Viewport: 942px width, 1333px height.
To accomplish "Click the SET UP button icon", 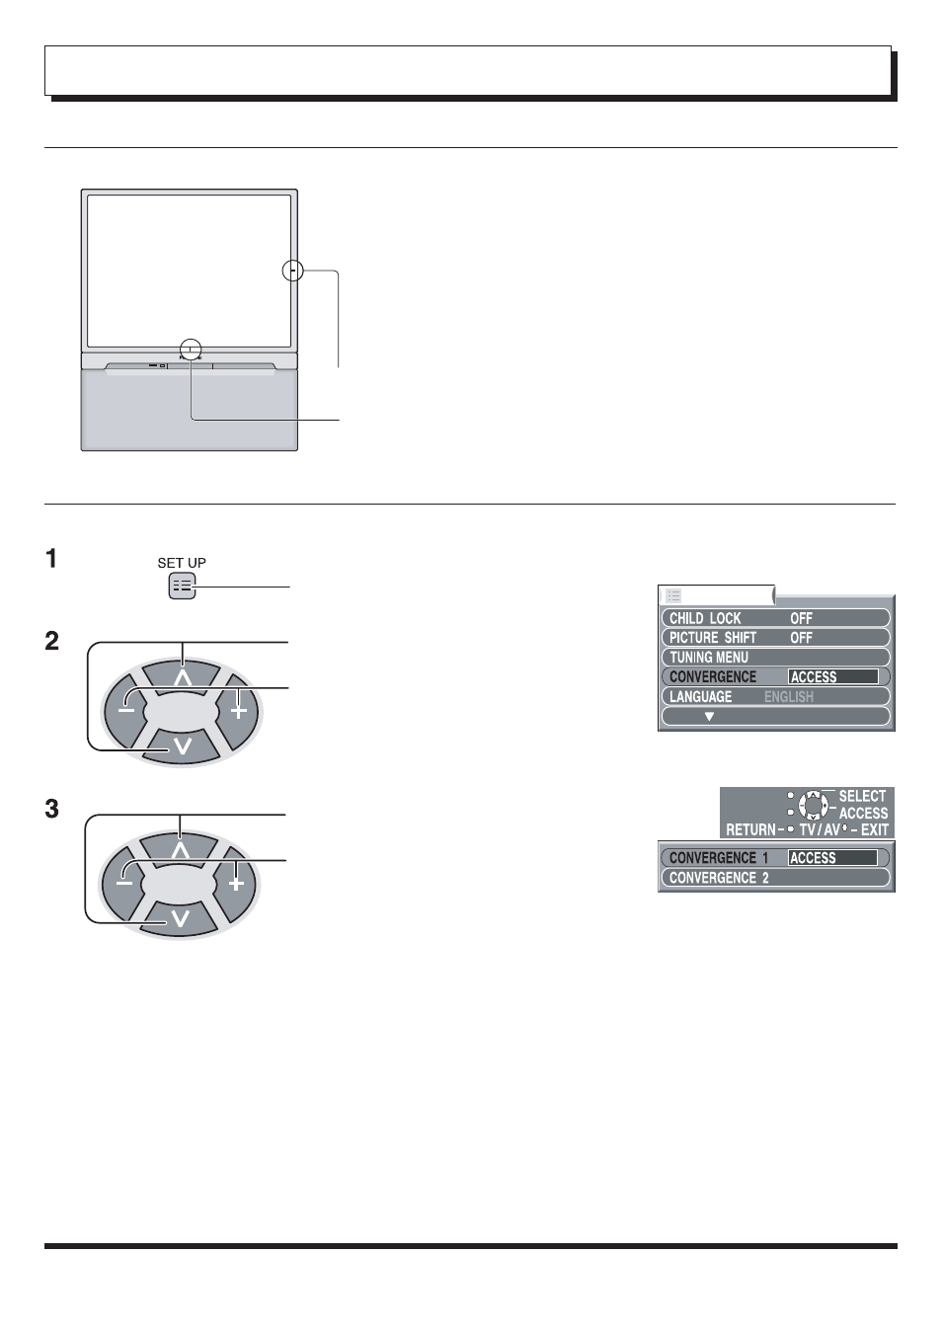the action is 182,587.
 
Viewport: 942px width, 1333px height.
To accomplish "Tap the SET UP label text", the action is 182,563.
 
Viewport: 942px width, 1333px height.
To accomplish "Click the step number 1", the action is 51,559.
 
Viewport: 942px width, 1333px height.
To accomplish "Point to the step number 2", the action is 51,641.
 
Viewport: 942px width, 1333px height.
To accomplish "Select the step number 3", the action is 51,809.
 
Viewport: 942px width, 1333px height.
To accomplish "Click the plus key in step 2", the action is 239,711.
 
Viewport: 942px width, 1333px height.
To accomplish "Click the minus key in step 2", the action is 125,711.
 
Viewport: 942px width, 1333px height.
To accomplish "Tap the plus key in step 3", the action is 236,883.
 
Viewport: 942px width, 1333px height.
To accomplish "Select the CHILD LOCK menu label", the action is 705,618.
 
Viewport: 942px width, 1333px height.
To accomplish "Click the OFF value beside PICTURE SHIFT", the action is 801,638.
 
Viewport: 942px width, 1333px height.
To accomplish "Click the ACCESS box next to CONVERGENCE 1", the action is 832,857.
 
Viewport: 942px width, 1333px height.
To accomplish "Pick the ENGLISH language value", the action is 789,697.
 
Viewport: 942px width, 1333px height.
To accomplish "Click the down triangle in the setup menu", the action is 709,717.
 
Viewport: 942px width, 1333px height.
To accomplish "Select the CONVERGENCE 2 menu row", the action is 775,878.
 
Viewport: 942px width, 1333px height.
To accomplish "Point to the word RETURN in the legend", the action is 750,829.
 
